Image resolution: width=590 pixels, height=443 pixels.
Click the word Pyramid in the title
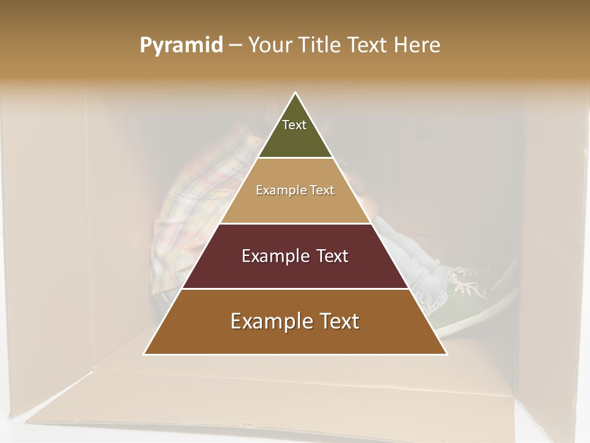(181, 46)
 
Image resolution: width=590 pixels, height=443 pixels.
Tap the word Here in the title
(417, 46)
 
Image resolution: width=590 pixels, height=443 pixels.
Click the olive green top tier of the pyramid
(295, 138)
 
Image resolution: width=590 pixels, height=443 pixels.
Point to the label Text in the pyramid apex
(294, 125)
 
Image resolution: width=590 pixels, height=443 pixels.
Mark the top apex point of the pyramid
(296, 92)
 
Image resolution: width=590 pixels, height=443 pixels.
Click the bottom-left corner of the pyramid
(144, 354)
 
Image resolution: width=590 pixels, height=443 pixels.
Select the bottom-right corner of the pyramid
(447, 354)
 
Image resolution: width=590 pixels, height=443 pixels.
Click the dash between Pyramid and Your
(235, 46)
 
